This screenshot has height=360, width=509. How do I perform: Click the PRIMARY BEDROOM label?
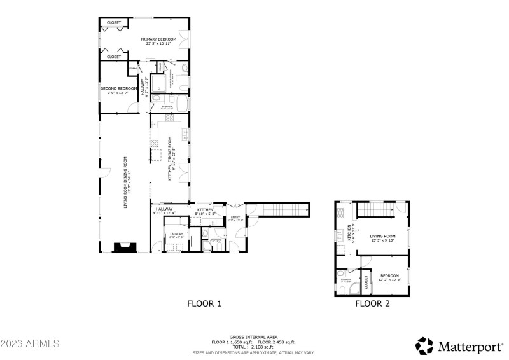click(158, 39)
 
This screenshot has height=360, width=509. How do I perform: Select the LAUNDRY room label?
click(176, 234)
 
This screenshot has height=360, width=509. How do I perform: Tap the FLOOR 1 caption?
click(204, 304)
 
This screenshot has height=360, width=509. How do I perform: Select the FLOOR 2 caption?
click(372, 304)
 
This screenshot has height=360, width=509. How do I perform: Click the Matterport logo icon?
click(424, 346)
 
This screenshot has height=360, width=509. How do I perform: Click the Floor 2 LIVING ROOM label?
click(387, 235)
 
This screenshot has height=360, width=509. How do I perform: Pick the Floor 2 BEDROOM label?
click(389, 275)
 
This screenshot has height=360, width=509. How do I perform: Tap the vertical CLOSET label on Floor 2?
click(366, 282)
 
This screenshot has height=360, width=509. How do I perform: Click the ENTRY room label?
click(235, 218)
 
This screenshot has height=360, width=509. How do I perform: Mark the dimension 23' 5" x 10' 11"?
click(158, 45)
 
